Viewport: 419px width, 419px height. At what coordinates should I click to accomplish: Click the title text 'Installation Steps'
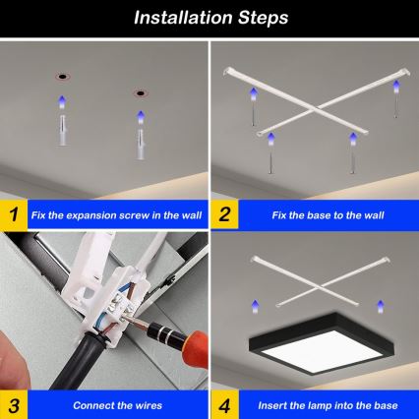(x=209, y=18)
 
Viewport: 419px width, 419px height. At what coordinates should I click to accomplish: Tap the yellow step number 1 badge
(x=13, y=213)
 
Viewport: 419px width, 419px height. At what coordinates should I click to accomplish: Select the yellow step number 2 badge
(x=225, y=213)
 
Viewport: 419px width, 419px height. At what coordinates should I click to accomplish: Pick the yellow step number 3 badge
(x=13, y=404)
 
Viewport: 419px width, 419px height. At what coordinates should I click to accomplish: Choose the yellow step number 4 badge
(x=225, y=404)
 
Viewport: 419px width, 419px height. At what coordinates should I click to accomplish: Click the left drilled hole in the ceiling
(x=62, y=74)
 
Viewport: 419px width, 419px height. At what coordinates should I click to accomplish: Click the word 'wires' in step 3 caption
(x=144, y=404)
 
